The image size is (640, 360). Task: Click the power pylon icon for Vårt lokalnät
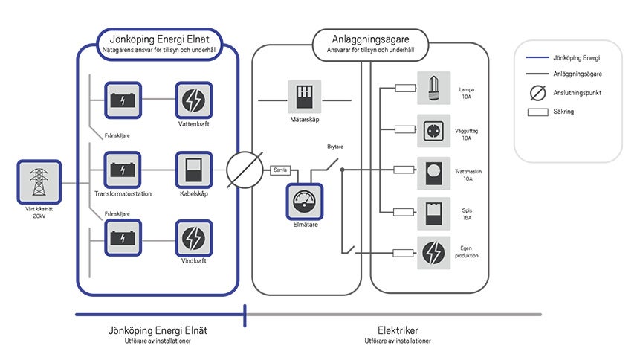pyautogui.click(x=36, y=182)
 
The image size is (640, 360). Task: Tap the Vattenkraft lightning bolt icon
pyautogui.click(x=193, y=100)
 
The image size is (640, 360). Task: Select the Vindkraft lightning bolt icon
pyautogui.click(x=193, y=238)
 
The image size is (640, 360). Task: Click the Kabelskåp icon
pyautogui.click(x=193, y=170)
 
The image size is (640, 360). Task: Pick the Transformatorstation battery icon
pyautogui.click(x=121, y=170)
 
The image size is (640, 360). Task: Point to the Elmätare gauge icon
pyautogui.click(x=305, y=199)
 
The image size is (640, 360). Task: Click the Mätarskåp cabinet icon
pyautogui.click(x=305, y=97)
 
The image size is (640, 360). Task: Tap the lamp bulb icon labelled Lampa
pyautogui.click(x=434, y=88)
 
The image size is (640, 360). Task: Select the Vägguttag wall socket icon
pyautogui.click(x=434, y=131)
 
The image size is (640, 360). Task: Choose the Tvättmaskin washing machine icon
pyautogui.click(x=434, y=175)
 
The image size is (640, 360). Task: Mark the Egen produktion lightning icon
pyautogui.click(x=434, y=253)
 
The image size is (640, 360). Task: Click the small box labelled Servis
pyautogui.click(x=280, y=170)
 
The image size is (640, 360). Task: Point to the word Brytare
pyautogui.click(x=336, y=147)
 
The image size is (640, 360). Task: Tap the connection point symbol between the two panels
pyautogui.click(x=244, y=170)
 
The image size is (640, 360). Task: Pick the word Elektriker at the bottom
pyautogui.click(x=398, y=330)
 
